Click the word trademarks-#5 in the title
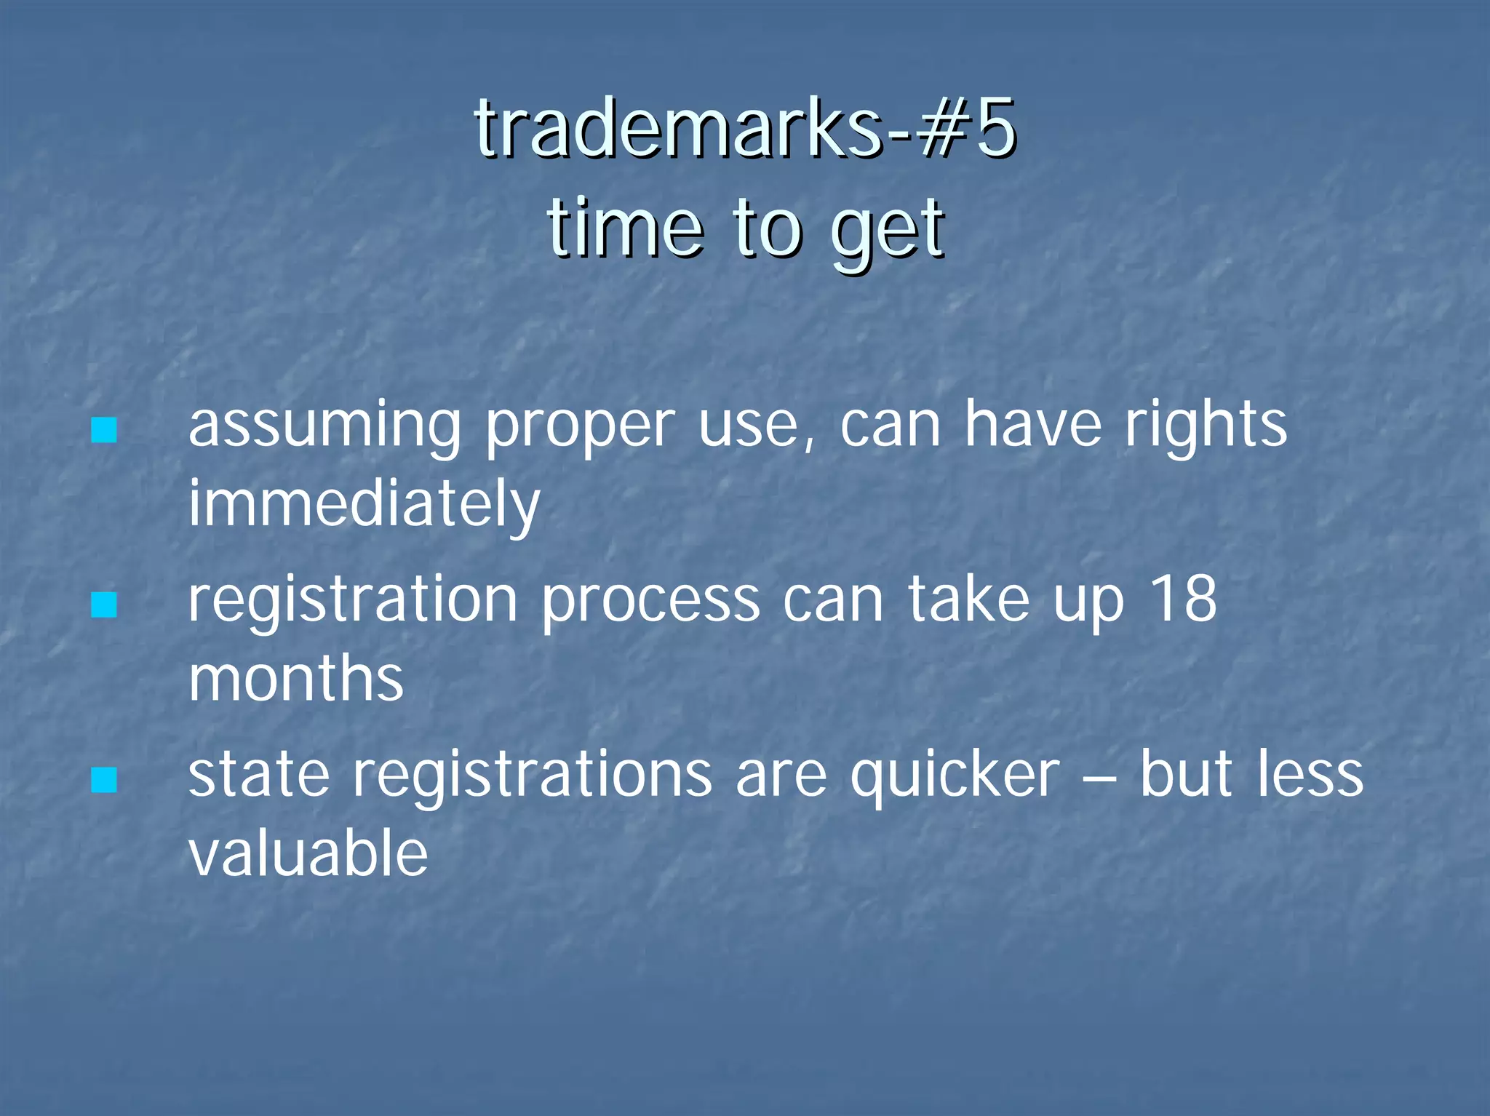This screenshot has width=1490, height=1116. (746, 129)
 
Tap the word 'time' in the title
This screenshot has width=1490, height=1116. (626, 228)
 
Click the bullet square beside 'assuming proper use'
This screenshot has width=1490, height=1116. (104, 430)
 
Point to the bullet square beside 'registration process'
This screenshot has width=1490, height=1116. (104, 605)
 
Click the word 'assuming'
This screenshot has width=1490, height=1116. (324, 428)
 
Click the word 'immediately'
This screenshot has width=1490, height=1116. (364, 506)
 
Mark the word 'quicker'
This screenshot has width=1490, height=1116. (955, 777)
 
